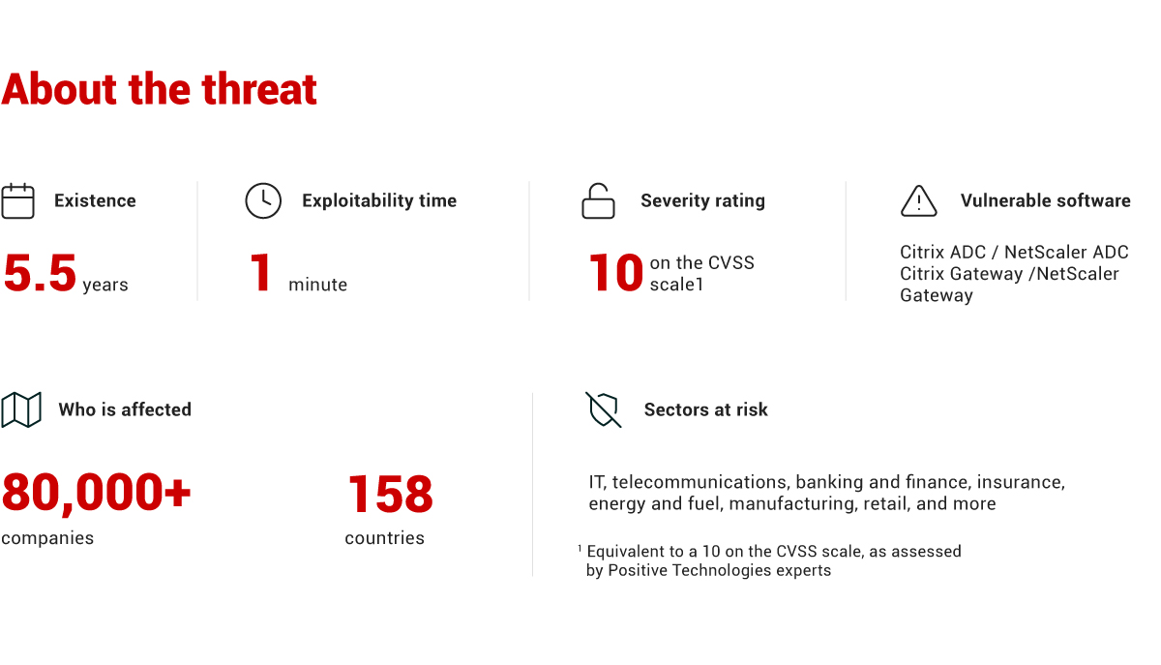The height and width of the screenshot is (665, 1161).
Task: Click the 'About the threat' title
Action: (159, 89)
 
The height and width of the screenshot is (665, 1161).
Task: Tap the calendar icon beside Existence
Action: (17, 200)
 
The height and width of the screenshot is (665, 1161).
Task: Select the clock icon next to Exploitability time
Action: (263, 200)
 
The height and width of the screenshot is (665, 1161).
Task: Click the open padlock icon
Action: (598, 200)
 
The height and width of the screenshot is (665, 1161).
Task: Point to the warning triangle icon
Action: (919, 200)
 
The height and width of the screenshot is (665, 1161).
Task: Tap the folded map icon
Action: (21, 409)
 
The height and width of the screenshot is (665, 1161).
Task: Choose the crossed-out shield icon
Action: (604, 409)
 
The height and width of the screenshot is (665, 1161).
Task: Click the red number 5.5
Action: (40, 273)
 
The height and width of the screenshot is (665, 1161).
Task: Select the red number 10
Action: (615, 273)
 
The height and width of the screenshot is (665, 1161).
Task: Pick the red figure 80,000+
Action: (97, 493)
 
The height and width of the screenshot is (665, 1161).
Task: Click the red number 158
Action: (390, 494)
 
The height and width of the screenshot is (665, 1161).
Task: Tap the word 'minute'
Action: (317, 285)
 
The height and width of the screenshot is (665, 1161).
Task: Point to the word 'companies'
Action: (47, 538)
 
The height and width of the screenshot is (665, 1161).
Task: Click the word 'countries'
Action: (385, 538)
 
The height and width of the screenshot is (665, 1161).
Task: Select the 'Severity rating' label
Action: (702, 200)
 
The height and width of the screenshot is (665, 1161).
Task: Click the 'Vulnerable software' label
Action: (1046, 200)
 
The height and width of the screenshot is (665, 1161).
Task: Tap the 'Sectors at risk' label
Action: (706, 409)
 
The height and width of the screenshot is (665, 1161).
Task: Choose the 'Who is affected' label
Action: (125, 409)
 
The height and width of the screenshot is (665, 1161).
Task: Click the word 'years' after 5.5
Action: (105, 285)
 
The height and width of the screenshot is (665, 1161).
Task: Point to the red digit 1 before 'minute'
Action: (260, 273)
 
